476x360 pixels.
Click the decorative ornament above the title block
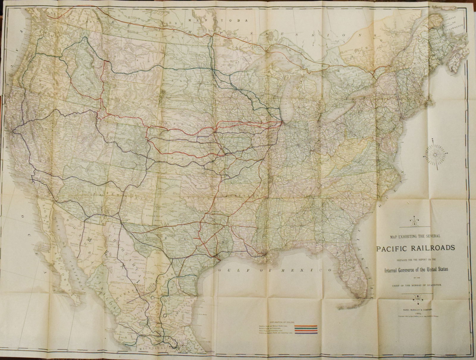[413, 220]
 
